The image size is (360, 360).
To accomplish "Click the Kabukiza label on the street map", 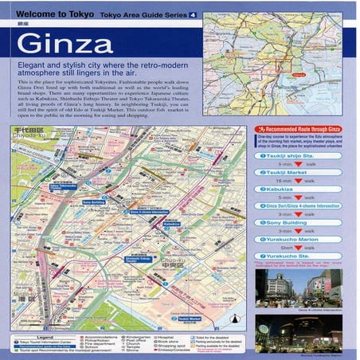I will [170, 225].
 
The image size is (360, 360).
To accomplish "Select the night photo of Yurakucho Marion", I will [301, 335].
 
